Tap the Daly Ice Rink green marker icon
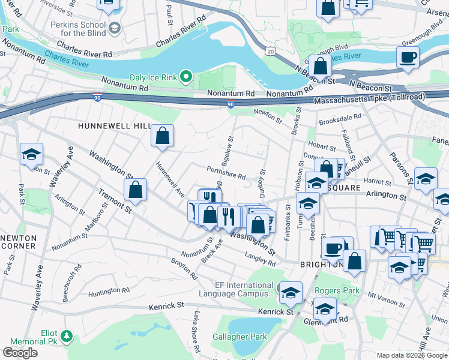[x=186, y=76]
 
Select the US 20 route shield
[x=271, y=52]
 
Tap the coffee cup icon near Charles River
[x=408, y=57]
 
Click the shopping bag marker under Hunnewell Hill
[x=163, y=136]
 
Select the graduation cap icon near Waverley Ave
[x=31, y=155]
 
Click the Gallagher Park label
[x=240, y=337]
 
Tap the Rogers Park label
[x=340, y=291]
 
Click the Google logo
[x=20, y=353]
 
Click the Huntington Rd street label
[x=109, y=291]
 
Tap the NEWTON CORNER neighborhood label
[x=18, y=242]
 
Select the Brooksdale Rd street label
[x=340, y=117]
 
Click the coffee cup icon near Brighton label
[x=333, y=248]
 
